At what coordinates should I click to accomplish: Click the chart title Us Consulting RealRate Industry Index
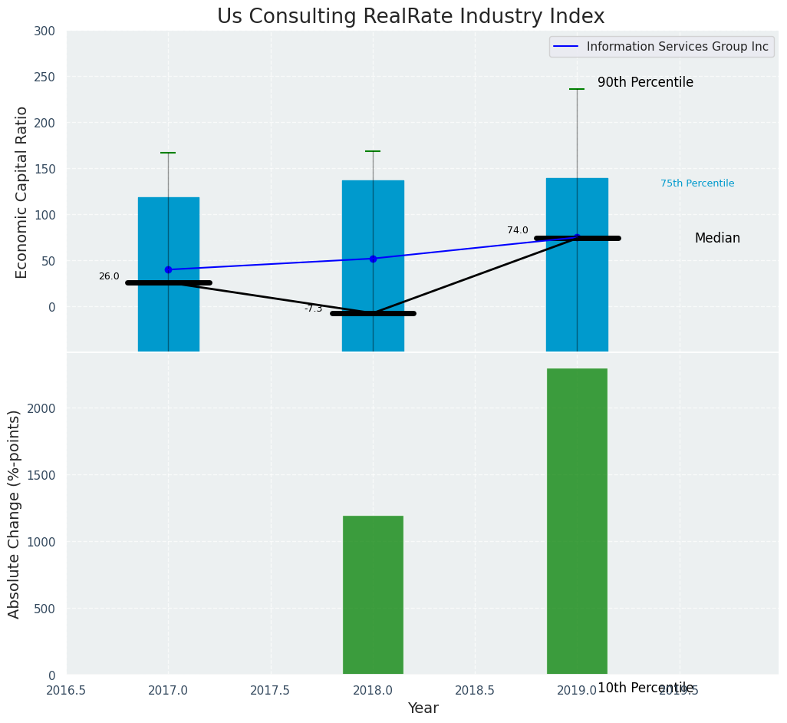coord(410,17)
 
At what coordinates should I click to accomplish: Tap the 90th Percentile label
coord(645,82)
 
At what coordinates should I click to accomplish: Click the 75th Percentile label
coord(697,183)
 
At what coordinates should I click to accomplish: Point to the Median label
coord(717,238)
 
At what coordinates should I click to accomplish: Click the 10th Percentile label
coord(645,688)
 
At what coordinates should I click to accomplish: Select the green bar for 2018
coord(373,595)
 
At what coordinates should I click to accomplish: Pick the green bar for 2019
coord(577,522)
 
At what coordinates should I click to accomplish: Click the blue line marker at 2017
coord(168,269)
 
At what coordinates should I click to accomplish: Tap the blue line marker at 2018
coord(373,259)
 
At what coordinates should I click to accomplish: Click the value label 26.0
coord(109,276)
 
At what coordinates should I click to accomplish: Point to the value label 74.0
coord(518,230)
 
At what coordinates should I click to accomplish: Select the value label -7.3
coord(313,309)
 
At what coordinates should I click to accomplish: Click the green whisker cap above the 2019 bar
coord(577,89)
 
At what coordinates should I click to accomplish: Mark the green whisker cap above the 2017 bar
coord(168,153)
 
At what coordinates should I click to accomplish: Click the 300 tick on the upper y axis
coord(44,31)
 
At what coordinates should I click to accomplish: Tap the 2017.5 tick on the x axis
coord(270,690)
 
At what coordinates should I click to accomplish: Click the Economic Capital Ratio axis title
coord(22,192)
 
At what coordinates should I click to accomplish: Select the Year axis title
coord(423,708)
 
